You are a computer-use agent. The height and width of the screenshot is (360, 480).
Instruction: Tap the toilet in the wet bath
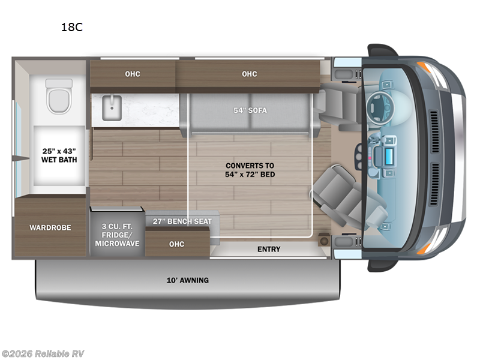59,97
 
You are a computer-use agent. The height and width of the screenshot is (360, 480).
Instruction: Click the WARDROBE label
50,227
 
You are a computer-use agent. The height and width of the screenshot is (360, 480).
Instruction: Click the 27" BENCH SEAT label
182,221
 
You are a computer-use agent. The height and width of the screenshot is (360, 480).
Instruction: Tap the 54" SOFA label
250,110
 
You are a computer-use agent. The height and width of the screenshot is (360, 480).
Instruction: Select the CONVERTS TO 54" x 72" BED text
250,170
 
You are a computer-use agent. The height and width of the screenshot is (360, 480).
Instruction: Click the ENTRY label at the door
269,249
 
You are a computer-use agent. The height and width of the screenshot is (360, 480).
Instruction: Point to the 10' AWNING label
187,280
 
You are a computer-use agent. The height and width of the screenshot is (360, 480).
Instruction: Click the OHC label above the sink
133,74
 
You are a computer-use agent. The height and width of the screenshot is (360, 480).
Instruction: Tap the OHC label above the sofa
250,74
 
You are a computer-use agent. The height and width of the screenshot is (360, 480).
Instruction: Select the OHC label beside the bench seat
176,244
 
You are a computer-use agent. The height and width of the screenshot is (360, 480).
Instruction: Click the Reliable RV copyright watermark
43,353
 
